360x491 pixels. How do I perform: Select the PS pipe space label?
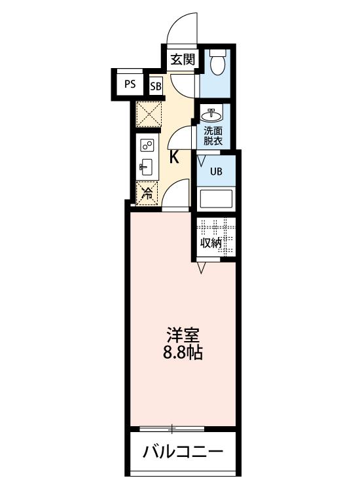click(x=130, y=84)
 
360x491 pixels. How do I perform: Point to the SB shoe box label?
click(x=156, y=86)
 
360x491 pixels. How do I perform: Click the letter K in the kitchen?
click(x=175, y=157)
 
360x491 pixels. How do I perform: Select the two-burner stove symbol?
click(x=147, y=145)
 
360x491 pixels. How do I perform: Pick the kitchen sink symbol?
click(x=147, y=167)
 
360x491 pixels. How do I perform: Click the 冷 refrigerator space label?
click(x=147, y=192)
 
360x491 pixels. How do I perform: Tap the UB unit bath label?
click(x=215, y=172)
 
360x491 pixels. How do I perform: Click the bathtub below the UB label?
click(x=216, y=199)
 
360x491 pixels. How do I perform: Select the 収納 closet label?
click(x=211, y=243)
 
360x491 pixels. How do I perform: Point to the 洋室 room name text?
click(x=182, y=335)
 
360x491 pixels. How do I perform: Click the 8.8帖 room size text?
click(x=182, y=354)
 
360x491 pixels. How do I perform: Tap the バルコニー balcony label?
click(x=183, y=452)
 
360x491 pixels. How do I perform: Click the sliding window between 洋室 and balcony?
click(x=172, y=429)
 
